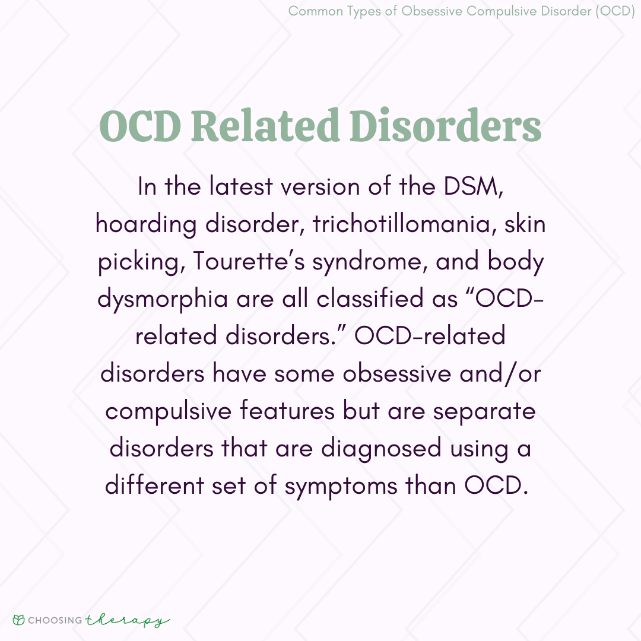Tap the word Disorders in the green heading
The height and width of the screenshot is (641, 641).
(x=446, y=125)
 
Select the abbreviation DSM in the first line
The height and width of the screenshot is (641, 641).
(x=473, y=187)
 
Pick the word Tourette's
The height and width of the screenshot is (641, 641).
(x=249, y=261)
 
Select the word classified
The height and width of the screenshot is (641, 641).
(x=370, y=298)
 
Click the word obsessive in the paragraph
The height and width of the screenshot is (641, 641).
(x=396, y=374)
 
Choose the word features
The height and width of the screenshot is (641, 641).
(x=287, y=411)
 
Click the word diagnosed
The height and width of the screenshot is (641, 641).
(x=382, y=449)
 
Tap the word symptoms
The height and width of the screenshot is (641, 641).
(x=341, y=487)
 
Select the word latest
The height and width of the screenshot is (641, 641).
(x=241, y=187)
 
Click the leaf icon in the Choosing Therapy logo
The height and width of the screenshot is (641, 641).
(x=19, y=620)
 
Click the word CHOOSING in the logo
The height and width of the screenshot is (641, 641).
(x=55, y=620)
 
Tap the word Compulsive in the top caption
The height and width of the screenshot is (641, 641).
(x=502, y=11)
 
